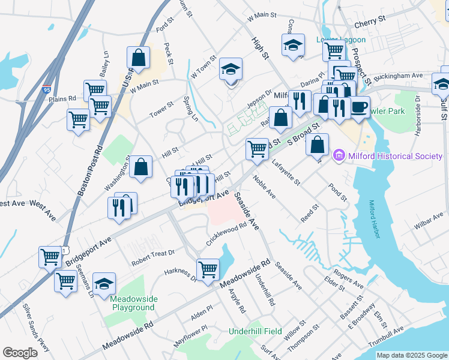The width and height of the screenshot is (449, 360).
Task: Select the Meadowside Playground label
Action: [133, 303]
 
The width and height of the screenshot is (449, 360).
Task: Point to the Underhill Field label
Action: [256, 331]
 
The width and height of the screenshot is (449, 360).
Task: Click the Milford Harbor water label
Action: [375, 219]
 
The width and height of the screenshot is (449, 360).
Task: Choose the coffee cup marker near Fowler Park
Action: [360, 107]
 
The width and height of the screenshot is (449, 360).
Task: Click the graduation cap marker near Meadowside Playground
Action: [104, 283]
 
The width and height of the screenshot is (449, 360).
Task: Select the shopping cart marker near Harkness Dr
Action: [208, 268]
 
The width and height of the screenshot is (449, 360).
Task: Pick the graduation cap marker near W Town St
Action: [231, 70]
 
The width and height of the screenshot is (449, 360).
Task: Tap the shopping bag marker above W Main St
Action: [138, 58]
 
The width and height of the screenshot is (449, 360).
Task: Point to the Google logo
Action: [20, 353]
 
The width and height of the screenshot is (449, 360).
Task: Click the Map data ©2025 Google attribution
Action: [411, 355]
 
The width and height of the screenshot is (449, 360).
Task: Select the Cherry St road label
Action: [370, 20]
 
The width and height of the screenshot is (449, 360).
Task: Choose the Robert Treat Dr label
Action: [153, 258]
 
